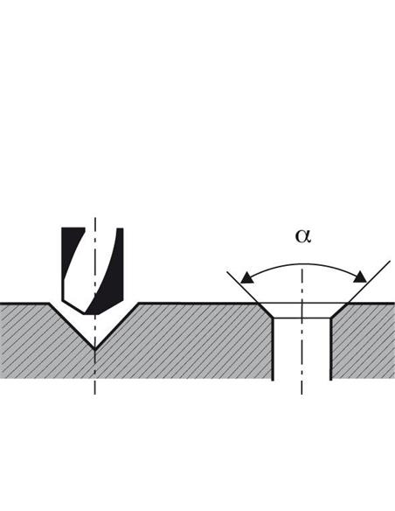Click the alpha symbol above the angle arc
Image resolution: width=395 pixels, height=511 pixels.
pyautogui.click(x=303, y=236)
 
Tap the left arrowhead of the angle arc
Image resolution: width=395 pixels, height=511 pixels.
pyautogui.click(x=246, y=277)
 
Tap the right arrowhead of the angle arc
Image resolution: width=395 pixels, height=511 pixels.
pyautogui.click(x=360, y=276)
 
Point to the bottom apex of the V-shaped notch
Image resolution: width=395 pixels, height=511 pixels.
pyautogui.click(x=94, y=349)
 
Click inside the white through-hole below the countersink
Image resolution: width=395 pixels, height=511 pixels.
pyautogui.click(x=302, y=349)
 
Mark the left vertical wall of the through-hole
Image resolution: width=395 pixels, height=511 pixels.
pyautogui.click(x=273, y=349)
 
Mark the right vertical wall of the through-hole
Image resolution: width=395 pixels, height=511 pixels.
pyautogui.click(x=331, y=349)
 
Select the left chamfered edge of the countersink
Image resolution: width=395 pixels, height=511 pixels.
pyautogui.click(x=265, y=311)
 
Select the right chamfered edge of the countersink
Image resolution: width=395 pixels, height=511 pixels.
pyautogui.click(x=339, y=311)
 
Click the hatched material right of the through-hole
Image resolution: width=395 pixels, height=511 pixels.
pyautogui.click(x=364, y=342)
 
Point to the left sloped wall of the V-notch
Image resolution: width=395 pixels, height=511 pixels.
pyautogui.click(x=72, y=326)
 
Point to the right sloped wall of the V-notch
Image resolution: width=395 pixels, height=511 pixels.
pyautogui.click(x=116, y=326)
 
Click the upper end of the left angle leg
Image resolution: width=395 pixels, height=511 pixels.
pyautogui.click(x=227, y=271)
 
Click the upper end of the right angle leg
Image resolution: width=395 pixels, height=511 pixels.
pyautogui.click(x=390, y=261)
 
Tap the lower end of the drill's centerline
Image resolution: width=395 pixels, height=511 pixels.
pyautogui.click(x=94, y=395)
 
